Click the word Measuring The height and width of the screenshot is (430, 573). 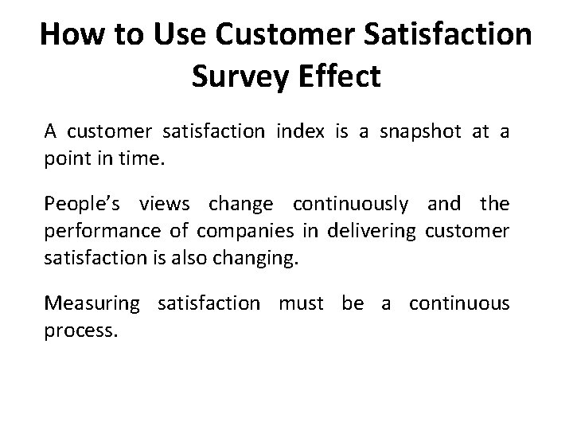click(x=92, y=303)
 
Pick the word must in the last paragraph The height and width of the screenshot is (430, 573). click(x=305, y=303)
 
